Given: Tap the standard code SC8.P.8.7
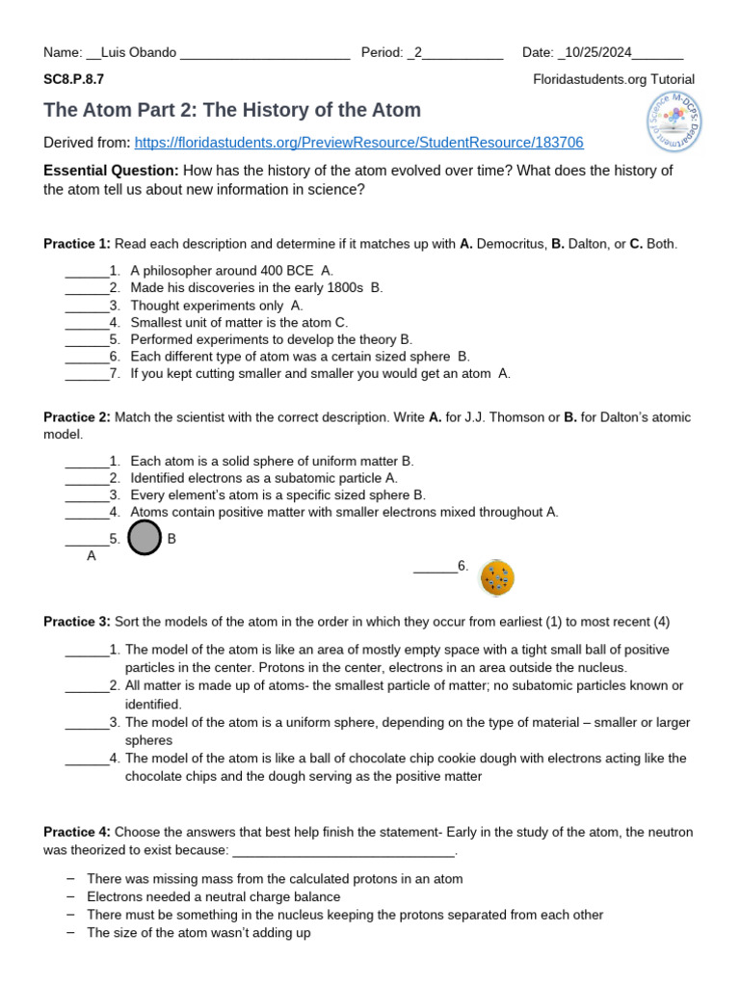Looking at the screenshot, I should pos(73,79).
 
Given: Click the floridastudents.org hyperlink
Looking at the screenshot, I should pos(358,143).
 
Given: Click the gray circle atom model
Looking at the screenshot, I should pos(144,538).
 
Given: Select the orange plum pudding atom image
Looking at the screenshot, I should pos(497,577).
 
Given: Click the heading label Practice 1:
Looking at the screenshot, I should pos(77,244).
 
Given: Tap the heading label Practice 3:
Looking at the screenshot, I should pos(77,622).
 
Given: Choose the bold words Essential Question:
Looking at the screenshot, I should pos(111,171).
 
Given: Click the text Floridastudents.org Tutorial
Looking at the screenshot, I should pos(614,79).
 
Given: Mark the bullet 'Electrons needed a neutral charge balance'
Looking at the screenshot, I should pos(213,896).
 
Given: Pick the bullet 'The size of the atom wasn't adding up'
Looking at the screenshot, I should pos(198,933).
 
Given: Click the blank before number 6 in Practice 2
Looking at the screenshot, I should pos(435,568).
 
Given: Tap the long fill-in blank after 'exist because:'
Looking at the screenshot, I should pos(343,851).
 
